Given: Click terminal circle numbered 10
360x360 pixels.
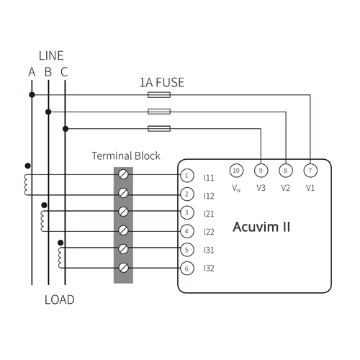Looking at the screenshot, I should [235, 170].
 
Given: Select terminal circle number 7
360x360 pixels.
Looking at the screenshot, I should [310, 170].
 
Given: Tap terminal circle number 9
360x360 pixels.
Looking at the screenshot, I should [261, 170].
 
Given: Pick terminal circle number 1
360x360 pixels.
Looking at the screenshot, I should [186, 175].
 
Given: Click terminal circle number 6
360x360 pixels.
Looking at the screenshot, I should [186, 268].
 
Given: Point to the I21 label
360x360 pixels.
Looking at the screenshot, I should [209, 214].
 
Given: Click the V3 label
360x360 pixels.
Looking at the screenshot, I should [260, 188].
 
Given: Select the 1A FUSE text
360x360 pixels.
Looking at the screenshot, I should [161, 82].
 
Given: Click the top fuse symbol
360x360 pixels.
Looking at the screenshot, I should [158, 94].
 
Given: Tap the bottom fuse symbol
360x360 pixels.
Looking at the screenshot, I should [158, 128].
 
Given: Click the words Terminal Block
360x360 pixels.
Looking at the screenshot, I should [126, 156].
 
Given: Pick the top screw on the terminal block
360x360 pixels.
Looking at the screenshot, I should [124, 175].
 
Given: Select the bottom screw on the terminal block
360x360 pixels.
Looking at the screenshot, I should [124, 268].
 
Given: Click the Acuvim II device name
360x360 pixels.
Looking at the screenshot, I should [261, 228].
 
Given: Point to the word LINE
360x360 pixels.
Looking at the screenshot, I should [50, 55].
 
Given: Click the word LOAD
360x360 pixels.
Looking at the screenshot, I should [59, 300].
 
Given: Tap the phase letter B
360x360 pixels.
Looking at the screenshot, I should [48, 71].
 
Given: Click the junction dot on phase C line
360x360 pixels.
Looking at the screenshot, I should [66, 128].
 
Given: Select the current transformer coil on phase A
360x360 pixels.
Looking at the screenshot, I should [27, 184].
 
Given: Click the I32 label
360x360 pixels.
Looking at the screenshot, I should [209, 269].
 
